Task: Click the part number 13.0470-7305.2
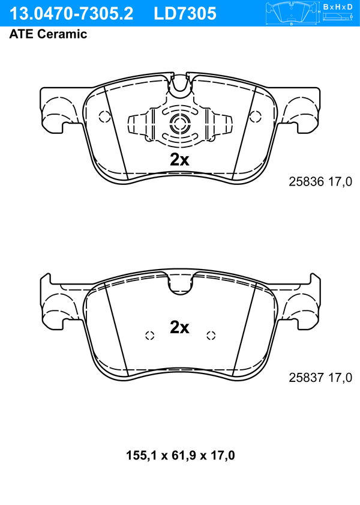(71, 14)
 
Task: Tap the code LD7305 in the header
(185, 14)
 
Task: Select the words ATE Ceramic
(48, 34)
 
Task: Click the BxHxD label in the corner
(338, 7)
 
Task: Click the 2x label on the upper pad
(179, 159)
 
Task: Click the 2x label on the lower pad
(179, 327)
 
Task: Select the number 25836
(306, 182)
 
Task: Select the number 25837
(306, 377)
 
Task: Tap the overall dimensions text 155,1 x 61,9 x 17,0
(180, 455)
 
